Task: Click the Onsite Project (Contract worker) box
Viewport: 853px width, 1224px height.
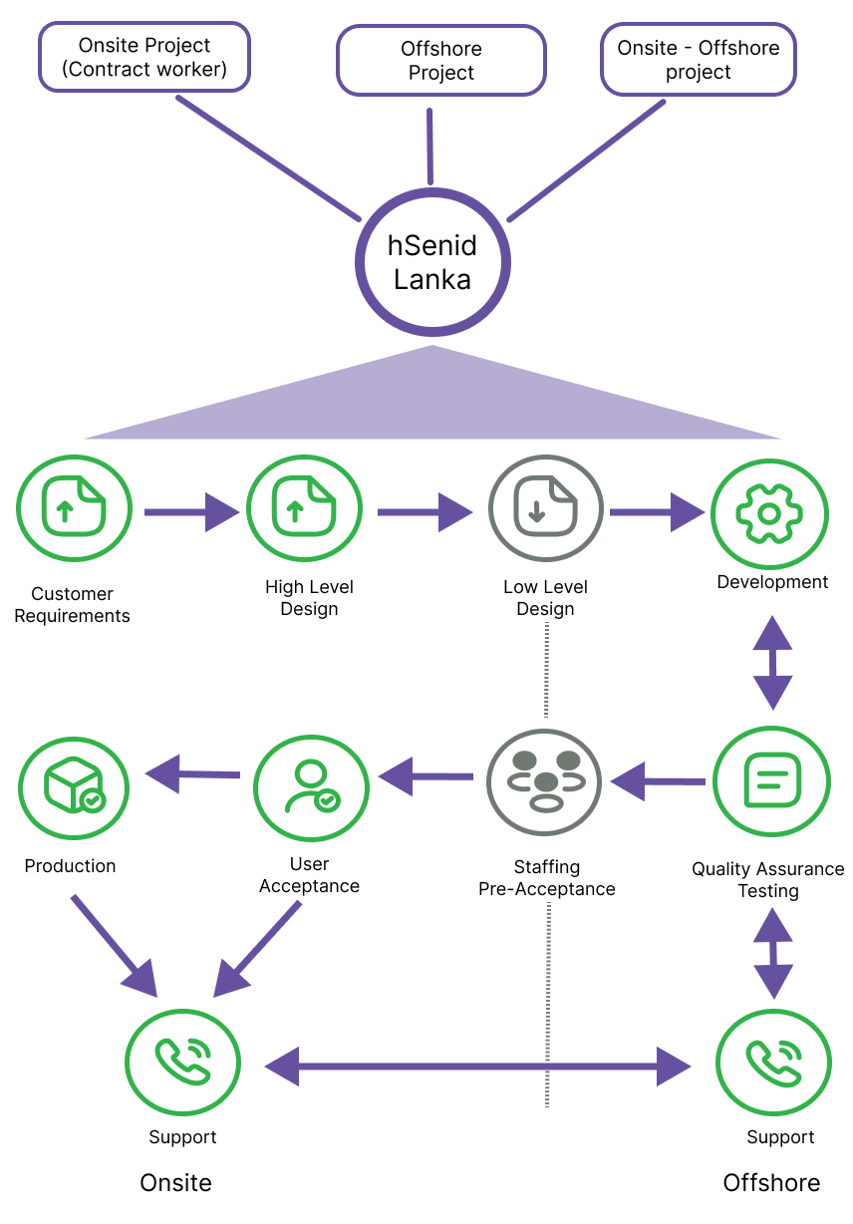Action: (x=143, y=57)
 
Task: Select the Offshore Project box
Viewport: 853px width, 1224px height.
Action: (x=440, y=60)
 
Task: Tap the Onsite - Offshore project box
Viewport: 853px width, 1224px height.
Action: (x=698, y=59)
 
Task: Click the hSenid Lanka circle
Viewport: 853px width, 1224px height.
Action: (x=431, y=262)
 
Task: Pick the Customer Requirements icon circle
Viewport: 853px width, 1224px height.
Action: (x=74, y=512)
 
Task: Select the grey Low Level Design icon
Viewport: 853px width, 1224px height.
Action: (x=545, y=512)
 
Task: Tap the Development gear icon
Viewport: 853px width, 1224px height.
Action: (x=769, y=512)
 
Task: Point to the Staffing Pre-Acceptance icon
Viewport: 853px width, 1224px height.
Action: (x=544, y=780)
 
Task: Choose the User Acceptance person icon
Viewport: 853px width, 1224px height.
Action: (x=311, y=780)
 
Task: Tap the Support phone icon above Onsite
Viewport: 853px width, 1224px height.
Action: (x=182, y=1062)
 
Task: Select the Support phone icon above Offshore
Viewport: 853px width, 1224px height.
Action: (x=773, y=1062)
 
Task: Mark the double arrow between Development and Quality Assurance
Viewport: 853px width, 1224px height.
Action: (x=772, y=661)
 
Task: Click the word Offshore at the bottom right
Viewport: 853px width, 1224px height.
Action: (x=771, y=1183)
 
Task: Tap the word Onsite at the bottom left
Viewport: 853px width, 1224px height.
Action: (x=176, y=1183)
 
